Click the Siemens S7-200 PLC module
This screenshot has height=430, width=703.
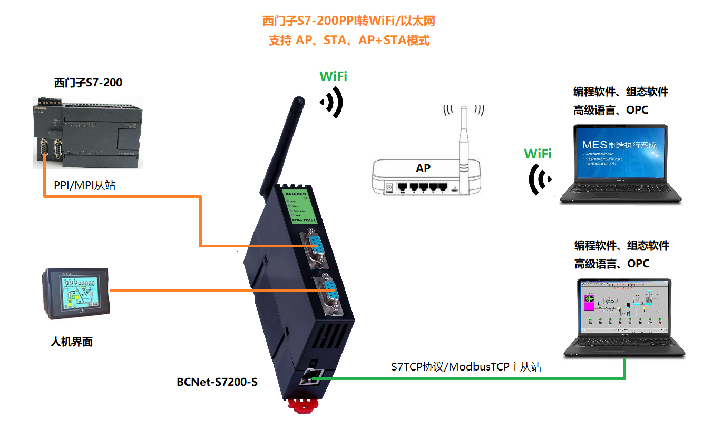[88, 132]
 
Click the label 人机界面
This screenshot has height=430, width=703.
[72, 342]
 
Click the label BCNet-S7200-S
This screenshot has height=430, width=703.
[217, 382]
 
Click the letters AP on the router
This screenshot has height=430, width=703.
[423, 168]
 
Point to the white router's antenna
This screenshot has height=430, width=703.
[463, 137]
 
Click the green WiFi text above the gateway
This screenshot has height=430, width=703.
[333, 76]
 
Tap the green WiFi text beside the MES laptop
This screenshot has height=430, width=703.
[538, 154]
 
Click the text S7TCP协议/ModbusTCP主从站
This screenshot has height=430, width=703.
[466, 367]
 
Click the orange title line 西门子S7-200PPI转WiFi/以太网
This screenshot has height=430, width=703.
[349, 21]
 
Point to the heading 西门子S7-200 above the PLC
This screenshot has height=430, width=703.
[88, 83]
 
